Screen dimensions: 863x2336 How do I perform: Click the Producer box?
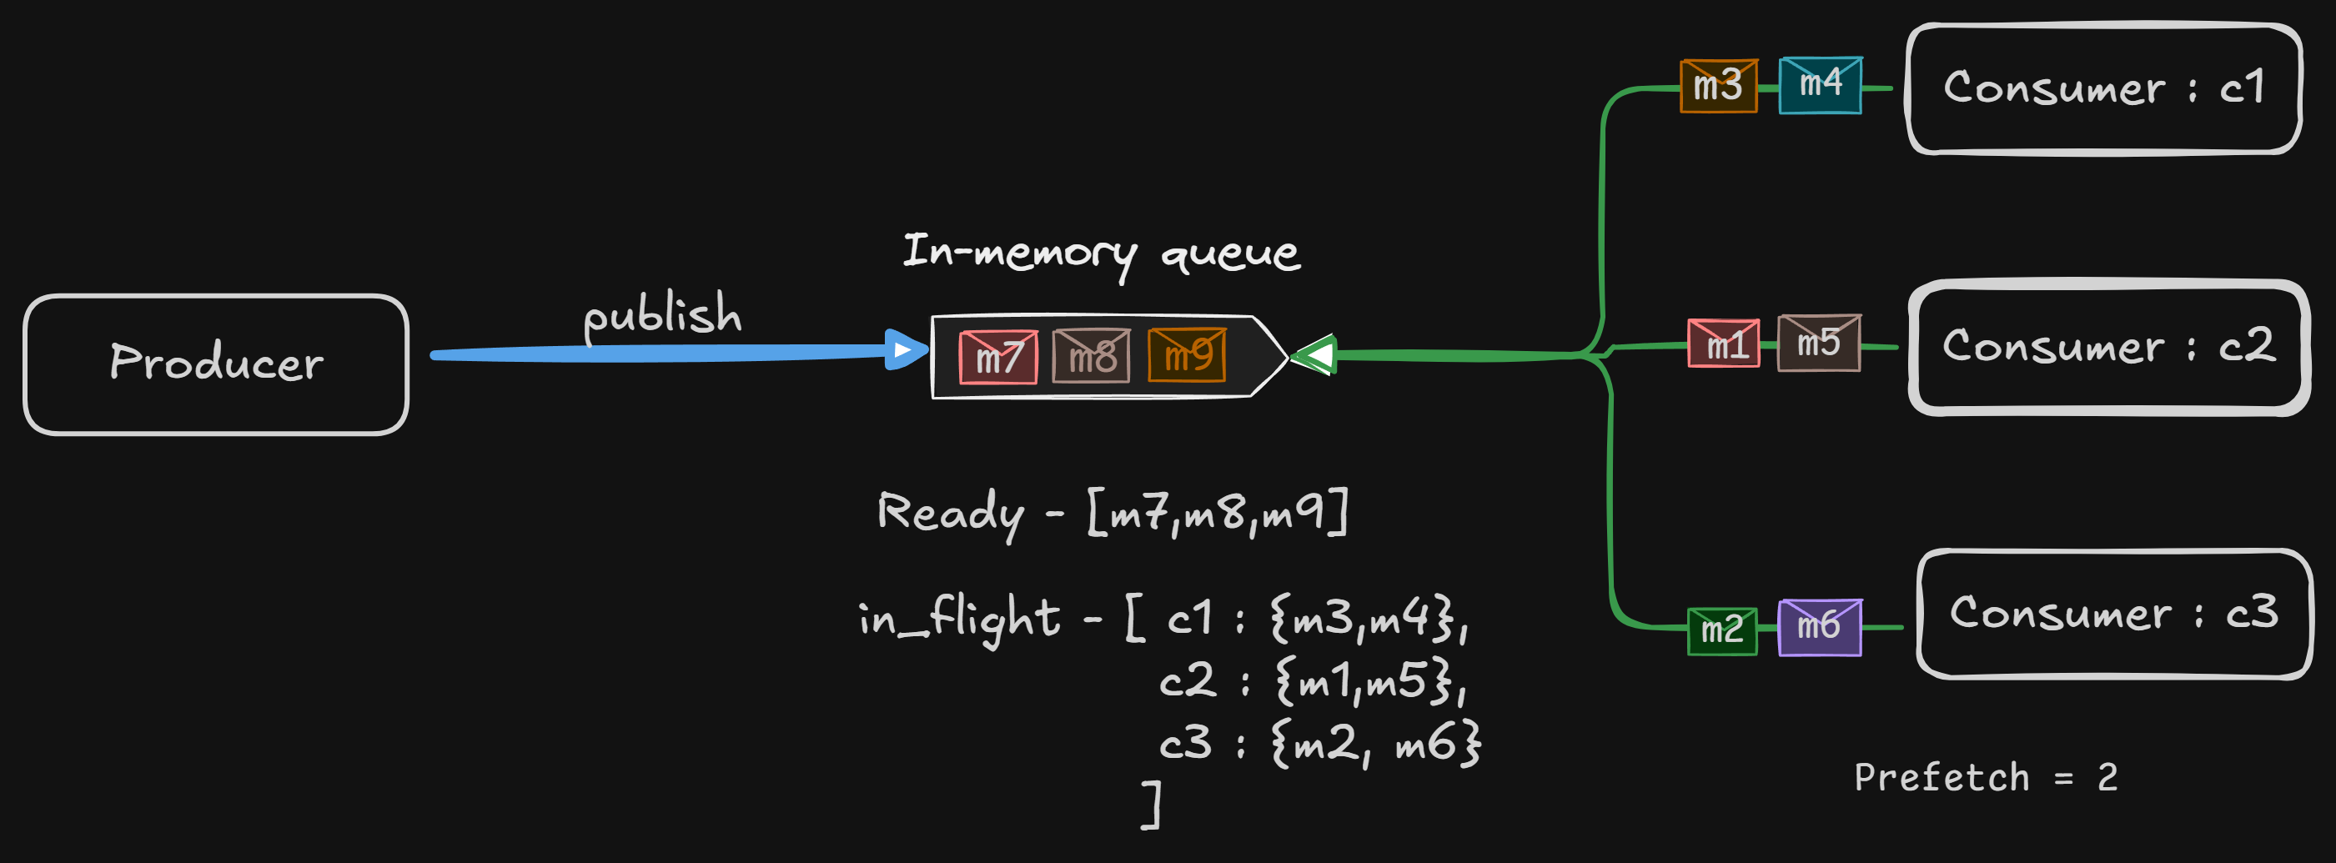(216, 364)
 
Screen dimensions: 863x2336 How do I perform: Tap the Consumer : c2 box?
(2108, 347)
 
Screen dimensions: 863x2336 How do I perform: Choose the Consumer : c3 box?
(2114, 614)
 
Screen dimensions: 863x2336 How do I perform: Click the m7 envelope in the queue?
(998, 357)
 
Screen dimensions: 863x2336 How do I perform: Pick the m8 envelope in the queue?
(1091, 356)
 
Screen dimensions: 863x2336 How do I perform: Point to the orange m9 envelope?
(1187, 355)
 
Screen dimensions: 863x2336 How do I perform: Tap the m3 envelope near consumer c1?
(1719, 86)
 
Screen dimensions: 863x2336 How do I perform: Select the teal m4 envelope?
(1820, 85)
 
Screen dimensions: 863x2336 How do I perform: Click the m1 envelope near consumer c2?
(1724, 344)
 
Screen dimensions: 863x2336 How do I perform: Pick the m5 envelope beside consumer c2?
(1819, 343)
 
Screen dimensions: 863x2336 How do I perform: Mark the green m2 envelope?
(1722, 630)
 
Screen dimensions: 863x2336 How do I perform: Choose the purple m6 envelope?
(1819, 626)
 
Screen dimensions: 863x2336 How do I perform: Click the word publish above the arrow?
(662, 314)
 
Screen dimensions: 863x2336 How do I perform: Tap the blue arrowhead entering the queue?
(903, 350)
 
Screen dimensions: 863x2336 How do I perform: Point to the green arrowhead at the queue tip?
(1315, 354)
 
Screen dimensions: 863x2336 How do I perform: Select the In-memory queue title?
(1101, 253)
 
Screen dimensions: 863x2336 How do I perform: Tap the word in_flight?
(958, 620)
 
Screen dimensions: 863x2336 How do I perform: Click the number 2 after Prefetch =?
(2107, 778)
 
